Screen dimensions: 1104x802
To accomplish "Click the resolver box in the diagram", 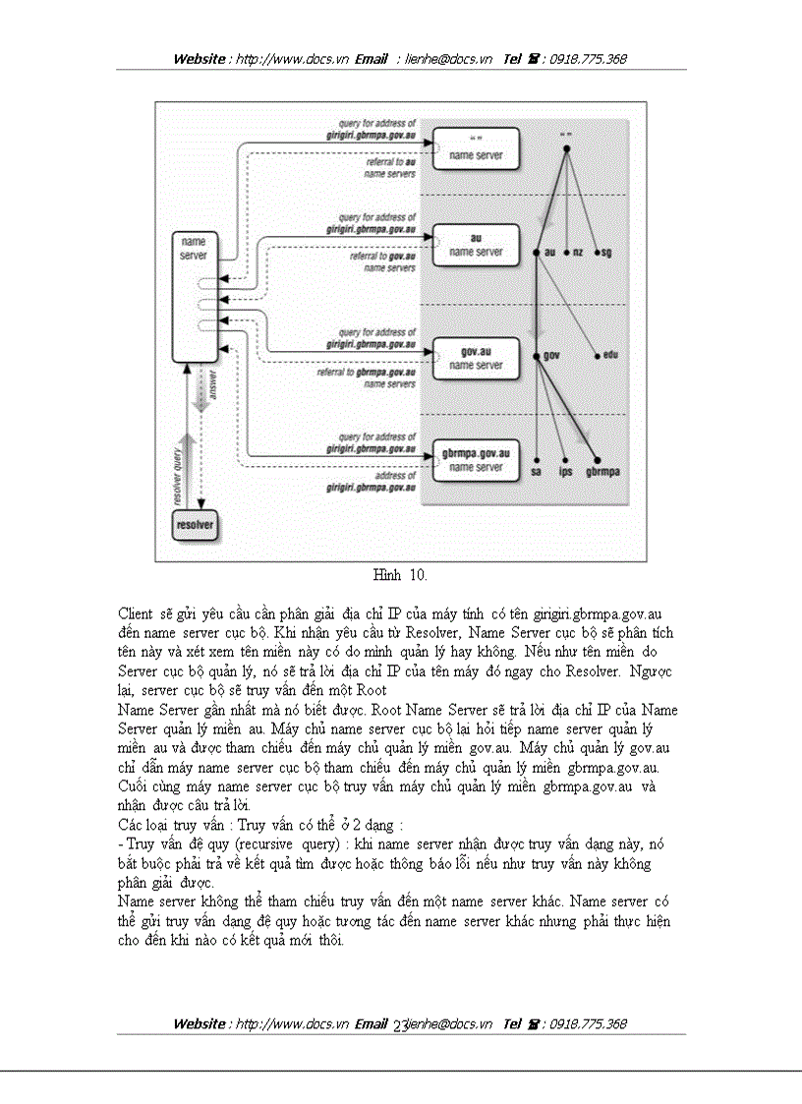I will (x=194, y=525).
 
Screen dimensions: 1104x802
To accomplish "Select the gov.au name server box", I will (x=476, y=358).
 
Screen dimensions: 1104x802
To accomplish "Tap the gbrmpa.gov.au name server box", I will (x=476, y=460).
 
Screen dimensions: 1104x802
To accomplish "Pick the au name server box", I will (x=476, y=245).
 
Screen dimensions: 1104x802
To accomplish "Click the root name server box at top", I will (x=476, y=148).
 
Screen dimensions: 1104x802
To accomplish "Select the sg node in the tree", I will (x=604, y=253).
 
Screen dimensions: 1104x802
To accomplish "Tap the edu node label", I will (x=608, y=355).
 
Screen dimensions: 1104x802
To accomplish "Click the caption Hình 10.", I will (x=400, y=573).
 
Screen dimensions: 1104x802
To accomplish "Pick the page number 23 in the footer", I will (x=401, y=1024).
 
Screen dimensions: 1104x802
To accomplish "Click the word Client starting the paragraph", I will (x=136, y=612).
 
